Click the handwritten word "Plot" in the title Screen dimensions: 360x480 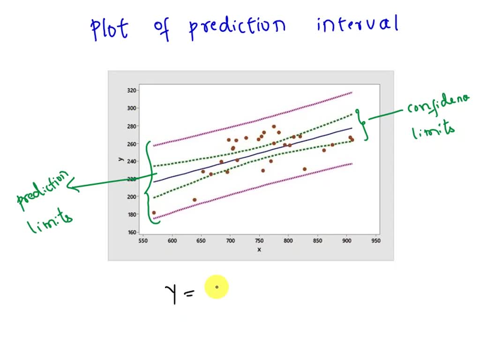(109, 29)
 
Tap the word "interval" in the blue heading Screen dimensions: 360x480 (357, 24)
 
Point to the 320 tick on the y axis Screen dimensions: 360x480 (132, 90)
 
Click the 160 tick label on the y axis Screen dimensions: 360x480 (132, 232)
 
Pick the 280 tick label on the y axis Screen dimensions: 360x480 (132, 126)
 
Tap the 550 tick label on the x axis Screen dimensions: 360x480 (143, 241)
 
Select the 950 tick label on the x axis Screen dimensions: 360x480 (375, 241)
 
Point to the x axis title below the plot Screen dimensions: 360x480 (259, 249)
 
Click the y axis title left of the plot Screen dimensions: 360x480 (121, 159)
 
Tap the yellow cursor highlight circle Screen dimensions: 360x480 (217, 287)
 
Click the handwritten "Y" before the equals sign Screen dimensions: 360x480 (171, 292)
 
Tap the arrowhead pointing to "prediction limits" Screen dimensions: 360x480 (72, 187)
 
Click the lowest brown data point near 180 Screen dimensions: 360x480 (154, 213)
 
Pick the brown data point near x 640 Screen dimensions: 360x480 (195, 200)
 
